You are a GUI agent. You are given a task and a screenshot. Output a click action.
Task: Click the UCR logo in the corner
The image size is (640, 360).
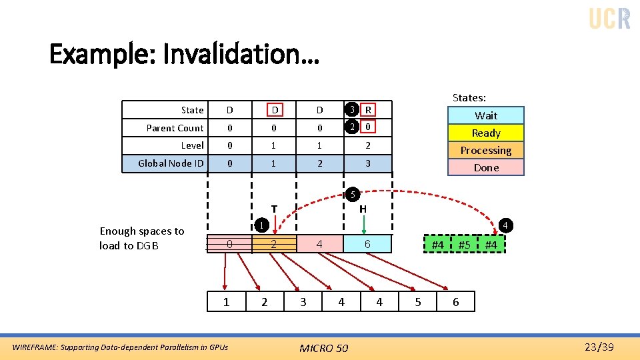(609, 18)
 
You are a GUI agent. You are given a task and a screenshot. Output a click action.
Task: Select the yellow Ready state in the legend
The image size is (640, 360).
(486, 133)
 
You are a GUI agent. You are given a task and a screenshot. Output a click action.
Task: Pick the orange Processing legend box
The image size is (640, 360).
(486, 150)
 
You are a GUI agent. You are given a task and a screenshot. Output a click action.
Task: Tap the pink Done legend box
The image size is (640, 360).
(486, 167)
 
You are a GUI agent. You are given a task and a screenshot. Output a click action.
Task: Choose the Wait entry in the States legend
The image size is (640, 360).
(486, 115)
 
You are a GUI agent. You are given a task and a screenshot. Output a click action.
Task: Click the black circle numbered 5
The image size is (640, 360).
(353, 195)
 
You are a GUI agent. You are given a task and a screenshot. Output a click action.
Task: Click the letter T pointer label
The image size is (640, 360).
(273, 209)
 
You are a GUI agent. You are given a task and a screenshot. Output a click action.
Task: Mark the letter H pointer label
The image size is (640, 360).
(363, 209)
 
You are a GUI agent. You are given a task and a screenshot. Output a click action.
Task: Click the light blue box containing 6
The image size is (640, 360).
(367, 245)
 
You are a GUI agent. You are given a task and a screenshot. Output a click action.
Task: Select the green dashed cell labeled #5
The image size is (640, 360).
(465, 245)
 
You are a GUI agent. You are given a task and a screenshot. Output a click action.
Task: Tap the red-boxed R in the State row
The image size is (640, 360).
(368, 110)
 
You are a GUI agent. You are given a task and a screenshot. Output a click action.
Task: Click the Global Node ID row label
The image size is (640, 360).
(171, 163)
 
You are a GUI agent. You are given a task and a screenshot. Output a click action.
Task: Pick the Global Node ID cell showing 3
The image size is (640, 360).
(368, 163)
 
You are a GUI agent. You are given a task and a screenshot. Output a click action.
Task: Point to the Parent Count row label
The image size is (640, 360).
(175, 128)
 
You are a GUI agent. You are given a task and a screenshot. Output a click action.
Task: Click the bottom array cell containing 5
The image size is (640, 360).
(418, 302)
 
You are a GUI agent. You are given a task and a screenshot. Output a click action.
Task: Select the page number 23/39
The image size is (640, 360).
(598, 347)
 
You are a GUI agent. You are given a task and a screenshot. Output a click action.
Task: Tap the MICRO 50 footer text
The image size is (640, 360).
(323, 347)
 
